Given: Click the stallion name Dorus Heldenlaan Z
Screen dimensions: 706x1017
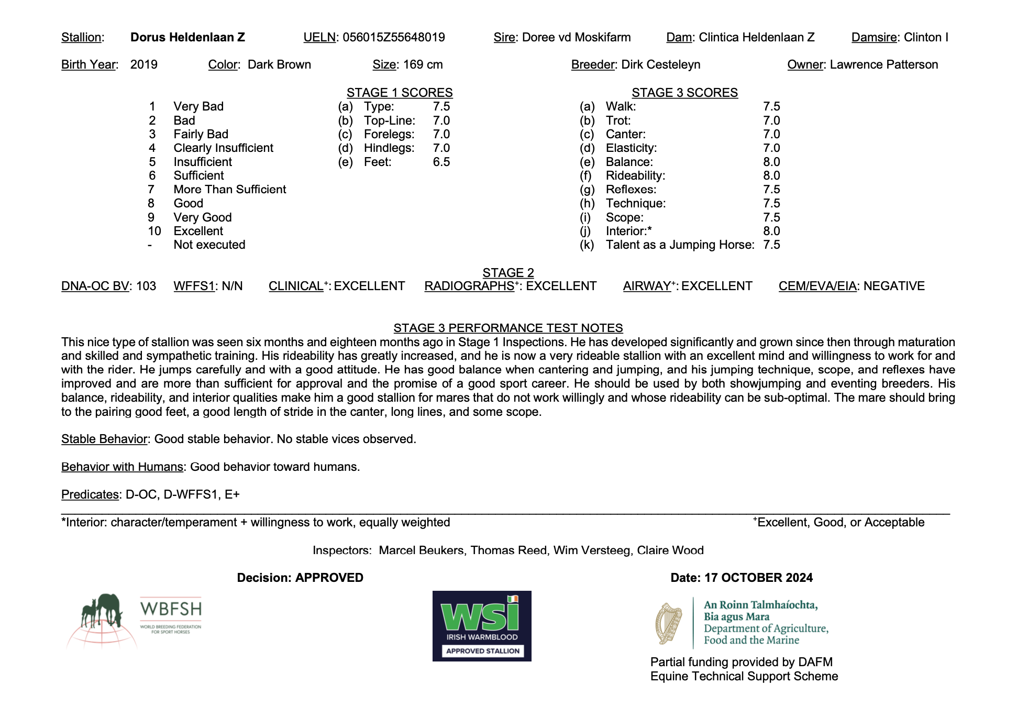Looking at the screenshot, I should pyautogui.click(x=187, y=37).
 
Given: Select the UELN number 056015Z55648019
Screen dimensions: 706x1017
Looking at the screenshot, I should pyautogui.click(x=393, y=37).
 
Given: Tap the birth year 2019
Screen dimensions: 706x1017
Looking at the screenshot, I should pyautogui.click(x=143, y=64).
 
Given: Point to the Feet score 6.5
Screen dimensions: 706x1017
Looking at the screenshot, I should pyautogui.click(x=441, y=162).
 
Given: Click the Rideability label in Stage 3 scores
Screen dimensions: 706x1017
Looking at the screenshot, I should pyautogui.click(x=635, y=175).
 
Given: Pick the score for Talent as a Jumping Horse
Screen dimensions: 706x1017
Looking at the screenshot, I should pyautogui.click(x=771, y=245).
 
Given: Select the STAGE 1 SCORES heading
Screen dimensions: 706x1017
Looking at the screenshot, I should pyautogui.click(x=399, y=93).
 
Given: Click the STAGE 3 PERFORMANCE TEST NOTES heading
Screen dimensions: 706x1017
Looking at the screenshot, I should pyautogui.click(x=508, y=328).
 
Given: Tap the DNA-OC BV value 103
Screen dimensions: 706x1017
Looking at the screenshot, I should pyautogui.click(x=146, y=286).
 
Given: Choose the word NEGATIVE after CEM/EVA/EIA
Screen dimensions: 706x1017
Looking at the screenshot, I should pyautogui.click(x=894, y=286).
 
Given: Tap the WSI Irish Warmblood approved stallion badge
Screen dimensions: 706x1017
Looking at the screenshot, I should pyautogui.click(x=482, y=626).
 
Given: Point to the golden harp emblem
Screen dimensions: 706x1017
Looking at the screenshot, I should pyautogui.click(x=668, y=623).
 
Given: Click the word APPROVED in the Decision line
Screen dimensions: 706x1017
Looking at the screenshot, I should pyautogui.click(x=329, y=578).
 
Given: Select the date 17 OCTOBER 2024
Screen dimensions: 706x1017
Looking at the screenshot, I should pyautogui.click(x=758, y=578).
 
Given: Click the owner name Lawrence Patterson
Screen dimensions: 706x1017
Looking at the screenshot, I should pyautogui.click(x=883, y=64).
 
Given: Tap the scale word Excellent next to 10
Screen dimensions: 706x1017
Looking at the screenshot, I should pyautogui.click(x=198, y=231).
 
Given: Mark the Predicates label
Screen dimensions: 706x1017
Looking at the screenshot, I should pyautogui.click(x=90, y=494).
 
